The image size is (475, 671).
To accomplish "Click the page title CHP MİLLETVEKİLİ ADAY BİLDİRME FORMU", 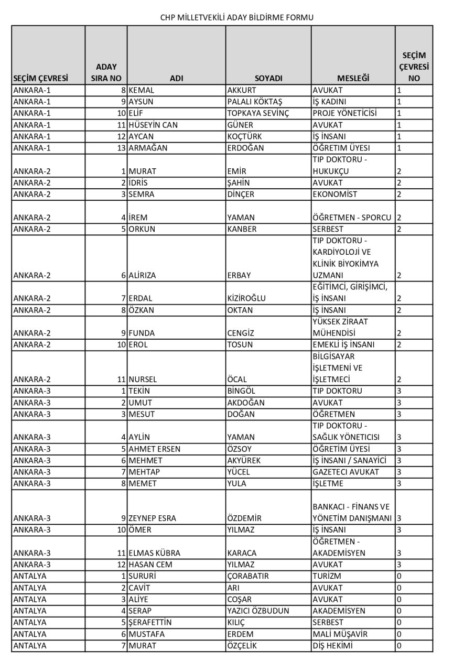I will (237, 17).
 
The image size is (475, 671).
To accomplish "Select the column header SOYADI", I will (268, 79).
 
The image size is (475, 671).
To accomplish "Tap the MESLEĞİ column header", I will (353, 79).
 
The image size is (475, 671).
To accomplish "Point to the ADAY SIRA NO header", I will (106, 73).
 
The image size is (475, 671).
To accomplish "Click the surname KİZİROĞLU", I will (246, 298).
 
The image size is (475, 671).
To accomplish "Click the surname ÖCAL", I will (237, 379).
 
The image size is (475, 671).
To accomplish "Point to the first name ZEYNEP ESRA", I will (152, 518).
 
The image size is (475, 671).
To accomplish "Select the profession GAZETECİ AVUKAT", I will (345, 472).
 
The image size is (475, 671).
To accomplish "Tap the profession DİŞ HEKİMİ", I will (332, 645).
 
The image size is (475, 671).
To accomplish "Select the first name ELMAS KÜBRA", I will (154, 553).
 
